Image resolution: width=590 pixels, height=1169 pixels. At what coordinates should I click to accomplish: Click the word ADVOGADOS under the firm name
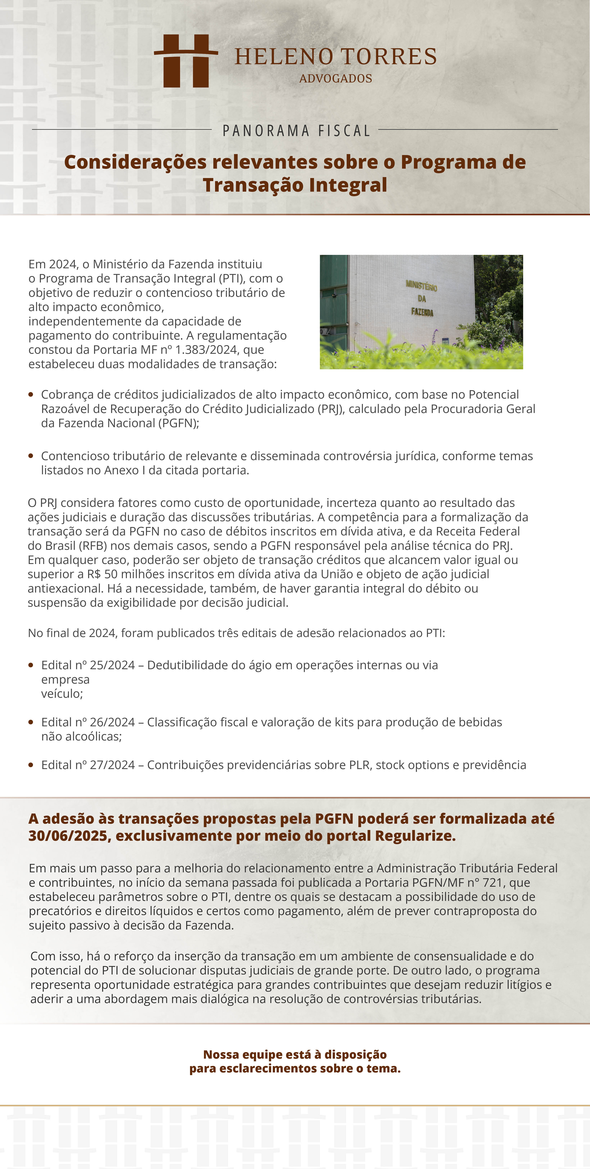tap(336, 79)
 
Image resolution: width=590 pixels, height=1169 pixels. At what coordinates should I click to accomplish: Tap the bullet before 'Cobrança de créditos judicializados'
tap(31, 394)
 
